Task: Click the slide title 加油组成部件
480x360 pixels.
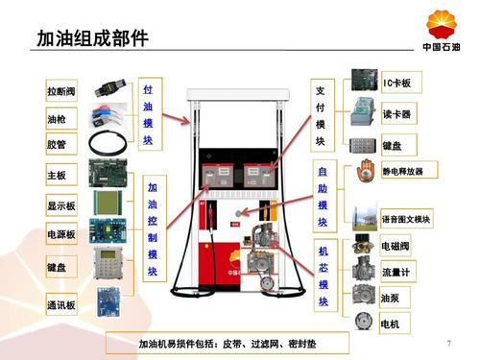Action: click(92, 38)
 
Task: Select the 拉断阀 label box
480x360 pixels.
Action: click(63, 92)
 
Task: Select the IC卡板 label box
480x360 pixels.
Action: click(397, 84)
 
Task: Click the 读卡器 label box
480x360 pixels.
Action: click(397, 114)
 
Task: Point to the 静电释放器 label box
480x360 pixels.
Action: click(409, 171)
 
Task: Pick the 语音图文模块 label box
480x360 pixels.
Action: click(407, 219)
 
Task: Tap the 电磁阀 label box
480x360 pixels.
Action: click(397, 247)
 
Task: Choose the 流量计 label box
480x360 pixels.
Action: click(397, 273)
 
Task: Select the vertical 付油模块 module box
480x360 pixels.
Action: click(148, 112)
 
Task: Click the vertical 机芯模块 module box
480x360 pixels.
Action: click(324, 276)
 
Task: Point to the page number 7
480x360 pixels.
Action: click(449, 343)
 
